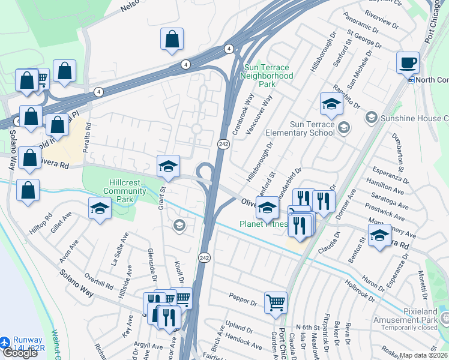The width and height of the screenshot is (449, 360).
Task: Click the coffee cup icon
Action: point(408,62)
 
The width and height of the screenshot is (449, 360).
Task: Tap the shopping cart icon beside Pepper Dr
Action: point(276,302)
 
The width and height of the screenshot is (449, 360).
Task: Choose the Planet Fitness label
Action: point(264,224)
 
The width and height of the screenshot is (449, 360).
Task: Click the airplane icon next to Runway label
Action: point(5,341)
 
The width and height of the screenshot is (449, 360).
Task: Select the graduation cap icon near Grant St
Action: point(169,166)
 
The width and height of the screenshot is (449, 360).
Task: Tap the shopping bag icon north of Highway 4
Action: point(172,38)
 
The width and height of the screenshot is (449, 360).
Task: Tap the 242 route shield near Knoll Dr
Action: point(205,257)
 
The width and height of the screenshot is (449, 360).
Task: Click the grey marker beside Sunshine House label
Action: point(372,117)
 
